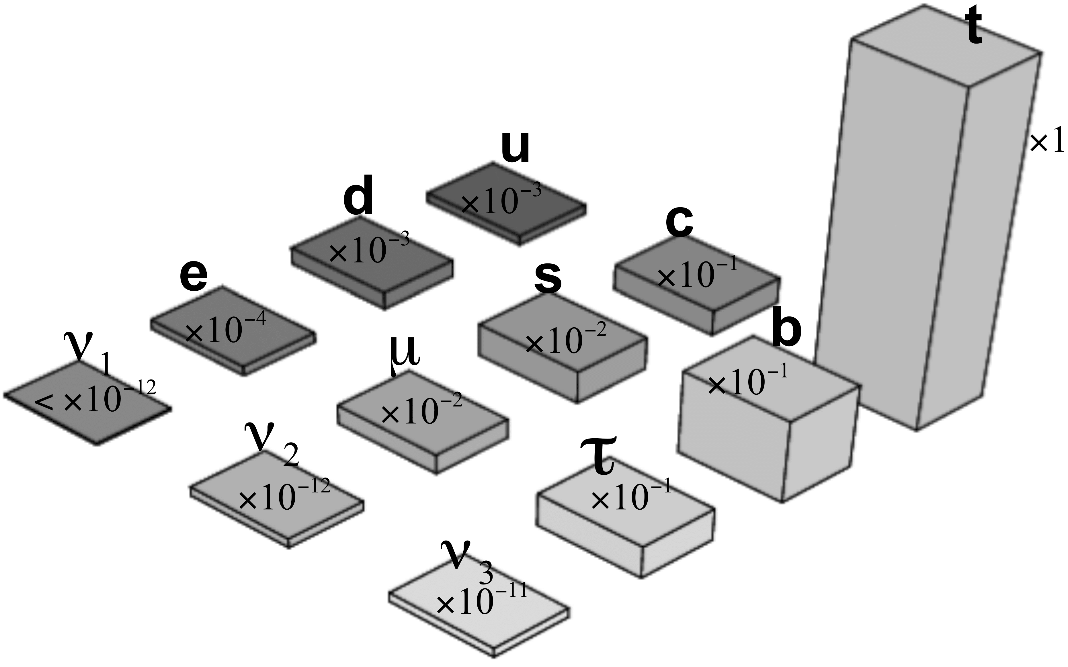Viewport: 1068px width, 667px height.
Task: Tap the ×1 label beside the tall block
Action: [1047, 143]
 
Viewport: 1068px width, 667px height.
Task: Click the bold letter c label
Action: [679, 223]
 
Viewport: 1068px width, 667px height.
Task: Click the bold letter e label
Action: [194, 277]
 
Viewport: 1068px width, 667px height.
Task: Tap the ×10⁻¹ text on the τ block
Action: [631, 496]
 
